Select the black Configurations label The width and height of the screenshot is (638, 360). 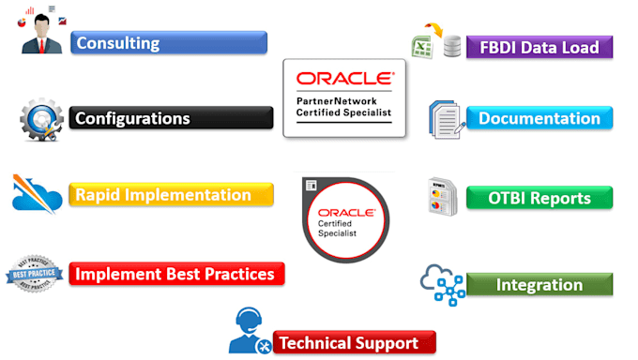[171, 118]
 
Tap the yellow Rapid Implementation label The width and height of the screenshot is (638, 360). [171, 195]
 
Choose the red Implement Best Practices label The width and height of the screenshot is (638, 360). [176, 274]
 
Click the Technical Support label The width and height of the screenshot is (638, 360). [354, 342]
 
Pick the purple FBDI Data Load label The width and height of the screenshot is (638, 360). [539, 47]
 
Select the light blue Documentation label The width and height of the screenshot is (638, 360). [539, 118]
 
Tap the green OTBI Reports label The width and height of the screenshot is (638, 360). [539, 198]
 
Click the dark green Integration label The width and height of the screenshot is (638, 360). [539, 283]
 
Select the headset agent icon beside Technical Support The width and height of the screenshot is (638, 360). [250, 331]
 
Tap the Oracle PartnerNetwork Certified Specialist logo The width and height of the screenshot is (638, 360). [344, 97]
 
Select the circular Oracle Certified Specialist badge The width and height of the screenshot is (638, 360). [343, 216]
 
